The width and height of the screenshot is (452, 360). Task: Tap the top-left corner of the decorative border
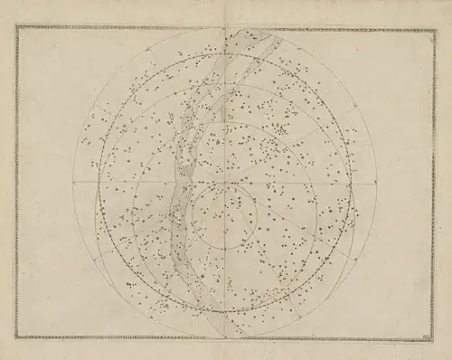tap(17, 28)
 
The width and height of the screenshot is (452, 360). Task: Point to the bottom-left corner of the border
tap(17, 337)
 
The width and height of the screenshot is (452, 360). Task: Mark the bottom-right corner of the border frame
tap(434, 337)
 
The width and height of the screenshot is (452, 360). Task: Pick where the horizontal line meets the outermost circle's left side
tap(73, 183)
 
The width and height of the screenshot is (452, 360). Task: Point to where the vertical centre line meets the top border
tap(224, 28)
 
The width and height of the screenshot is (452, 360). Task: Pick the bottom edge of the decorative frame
tap(226, 337)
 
